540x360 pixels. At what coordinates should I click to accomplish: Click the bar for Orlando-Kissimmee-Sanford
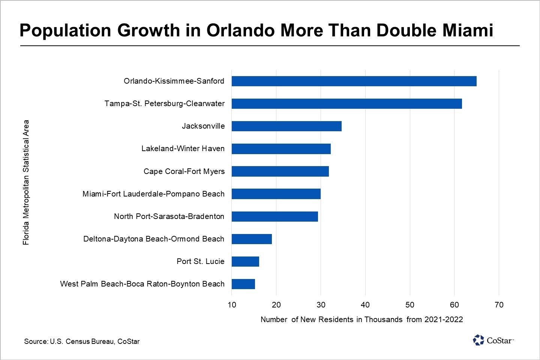[x=354, y=81]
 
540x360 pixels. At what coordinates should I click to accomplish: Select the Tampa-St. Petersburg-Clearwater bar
[x=346, y=103]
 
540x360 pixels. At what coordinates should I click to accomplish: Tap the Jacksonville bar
[x=286, y=126]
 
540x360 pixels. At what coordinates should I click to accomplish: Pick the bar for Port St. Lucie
[x=245, y=261]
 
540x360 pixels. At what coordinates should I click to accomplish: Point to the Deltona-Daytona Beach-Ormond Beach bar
[x=252, y=239]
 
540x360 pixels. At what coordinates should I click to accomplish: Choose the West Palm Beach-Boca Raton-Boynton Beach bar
[x=243, y=284]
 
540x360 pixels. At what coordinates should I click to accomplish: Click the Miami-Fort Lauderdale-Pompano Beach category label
[x=153, y=194]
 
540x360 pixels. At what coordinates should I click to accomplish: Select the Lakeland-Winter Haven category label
[x=183, y=148]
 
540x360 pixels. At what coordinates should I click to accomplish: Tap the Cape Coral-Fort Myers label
[x=184, y=171]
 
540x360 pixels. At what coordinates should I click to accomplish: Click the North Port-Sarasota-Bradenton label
[x=169, y=216]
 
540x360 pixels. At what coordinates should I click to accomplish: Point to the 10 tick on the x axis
[x=232, y=304]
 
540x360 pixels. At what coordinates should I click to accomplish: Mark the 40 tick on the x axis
[x=365, y=304]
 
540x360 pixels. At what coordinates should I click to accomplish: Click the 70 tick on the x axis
[x=499, y=304]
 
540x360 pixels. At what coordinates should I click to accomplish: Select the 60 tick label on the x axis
[x=454, y=304]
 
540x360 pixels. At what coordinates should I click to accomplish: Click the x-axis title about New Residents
[x=361, y=319]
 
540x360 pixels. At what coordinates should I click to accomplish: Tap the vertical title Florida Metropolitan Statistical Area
[x=26, y=182]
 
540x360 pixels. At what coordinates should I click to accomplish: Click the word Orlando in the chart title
[x=240, y=30]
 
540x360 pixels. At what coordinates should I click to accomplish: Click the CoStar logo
[x=493, y=340]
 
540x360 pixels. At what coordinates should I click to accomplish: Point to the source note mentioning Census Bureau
[x=82, y=341]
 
